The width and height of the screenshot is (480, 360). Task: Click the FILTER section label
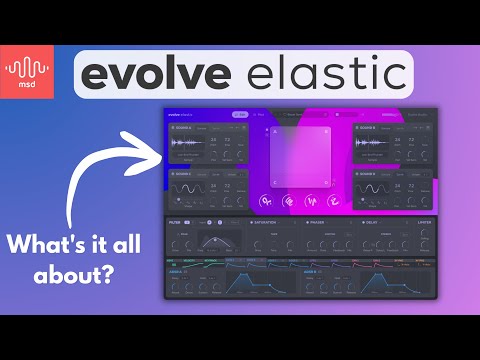pyautogui.click(x=176, y=220)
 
